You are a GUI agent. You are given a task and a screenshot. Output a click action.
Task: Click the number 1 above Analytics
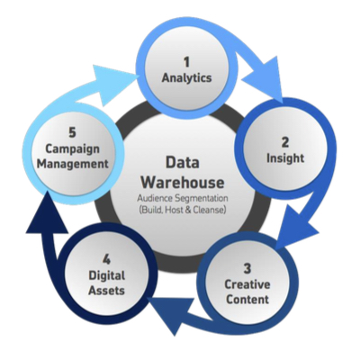click(186, 62)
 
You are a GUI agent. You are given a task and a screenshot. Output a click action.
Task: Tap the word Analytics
click(186, 77)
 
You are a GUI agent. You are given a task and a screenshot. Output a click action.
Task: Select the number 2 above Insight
click(285, 142)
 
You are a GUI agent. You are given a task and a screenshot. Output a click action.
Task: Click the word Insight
click(285, 158)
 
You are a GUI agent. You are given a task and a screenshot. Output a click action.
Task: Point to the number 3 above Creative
click(247, 268)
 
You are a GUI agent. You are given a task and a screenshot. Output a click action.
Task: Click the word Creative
click(247, 283)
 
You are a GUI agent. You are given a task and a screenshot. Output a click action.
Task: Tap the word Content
click(247, 299)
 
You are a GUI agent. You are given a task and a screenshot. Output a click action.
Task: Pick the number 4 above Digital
click(106, 259)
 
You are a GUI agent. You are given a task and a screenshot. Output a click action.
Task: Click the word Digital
click(106, 275)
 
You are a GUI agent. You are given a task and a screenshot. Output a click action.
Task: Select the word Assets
click(106, 291)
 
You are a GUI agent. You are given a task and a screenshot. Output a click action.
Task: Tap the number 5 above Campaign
click(72, 132)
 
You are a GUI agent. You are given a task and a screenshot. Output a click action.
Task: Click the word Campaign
click(72, 149)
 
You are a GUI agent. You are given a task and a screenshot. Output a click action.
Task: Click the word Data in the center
click(183, 162)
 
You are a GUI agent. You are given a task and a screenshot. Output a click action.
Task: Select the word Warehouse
click(183, 182)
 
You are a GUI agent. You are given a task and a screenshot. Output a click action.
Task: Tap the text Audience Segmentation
click(183, 198)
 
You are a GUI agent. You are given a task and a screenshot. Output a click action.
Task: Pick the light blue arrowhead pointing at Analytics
click(115, 77)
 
